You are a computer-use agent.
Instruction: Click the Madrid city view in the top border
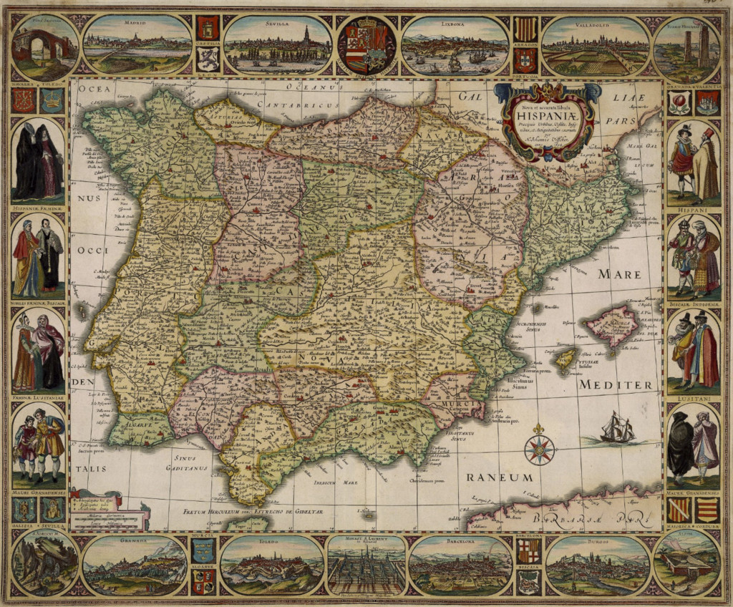tap(136, 47)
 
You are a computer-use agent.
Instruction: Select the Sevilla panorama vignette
tap(278, 47)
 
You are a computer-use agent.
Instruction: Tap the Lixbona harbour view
tap(455, 47)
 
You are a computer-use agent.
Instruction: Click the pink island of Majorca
tap(613, 324)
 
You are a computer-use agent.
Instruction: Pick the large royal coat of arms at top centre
tap(366, 46)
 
